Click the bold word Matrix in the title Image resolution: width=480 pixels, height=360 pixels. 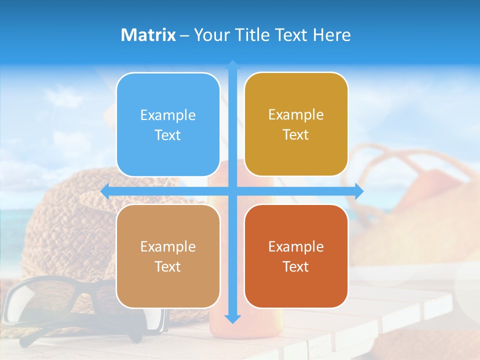[x=148, y=35]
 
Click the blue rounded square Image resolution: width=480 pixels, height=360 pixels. [x=168, y=124]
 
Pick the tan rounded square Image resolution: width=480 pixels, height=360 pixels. [x=168, y=256]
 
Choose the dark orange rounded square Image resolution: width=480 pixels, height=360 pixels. [x=296, y=256]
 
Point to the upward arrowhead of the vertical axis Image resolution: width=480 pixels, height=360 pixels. [x=232, y=64]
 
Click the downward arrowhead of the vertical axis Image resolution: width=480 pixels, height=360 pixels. [x=232, y=318]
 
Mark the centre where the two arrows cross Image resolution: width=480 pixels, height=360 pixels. [x=232, y=191]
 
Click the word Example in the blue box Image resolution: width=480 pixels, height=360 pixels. [x=168, y=115]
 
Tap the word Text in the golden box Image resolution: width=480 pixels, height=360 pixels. [x=296, y=135]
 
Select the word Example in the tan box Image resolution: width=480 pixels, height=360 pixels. [x=168, y=246]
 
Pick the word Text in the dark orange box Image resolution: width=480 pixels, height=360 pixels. [x=296, y=266]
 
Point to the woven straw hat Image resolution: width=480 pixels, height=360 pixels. [x=70, y=220]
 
